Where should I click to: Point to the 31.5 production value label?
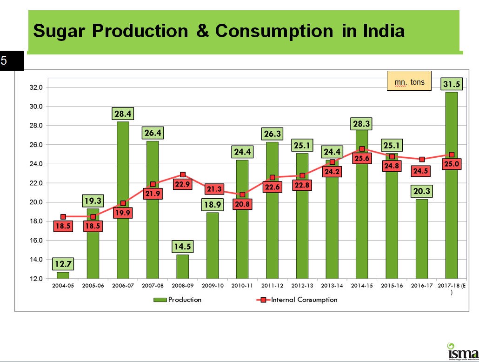coord(451,83)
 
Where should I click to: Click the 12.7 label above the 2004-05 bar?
coord(63,264)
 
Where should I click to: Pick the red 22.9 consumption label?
coord(183,184)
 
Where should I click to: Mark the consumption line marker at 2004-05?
coord(63,217)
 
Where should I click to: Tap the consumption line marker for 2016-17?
coord(421,160)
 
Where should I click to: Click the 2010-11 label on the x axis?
coord(242,285)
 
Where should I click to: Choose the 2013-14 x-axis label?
coord(332,285)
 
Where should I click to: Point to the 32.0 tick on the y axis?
coord(36,87)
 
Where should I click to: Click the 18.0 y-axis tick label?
coord(36,221)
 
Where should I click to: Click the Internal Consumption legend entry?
coord(298,300)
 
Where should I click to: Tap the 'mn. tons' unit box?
coord(409,82)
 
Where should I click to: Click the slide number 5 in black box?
coord(5,60)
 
